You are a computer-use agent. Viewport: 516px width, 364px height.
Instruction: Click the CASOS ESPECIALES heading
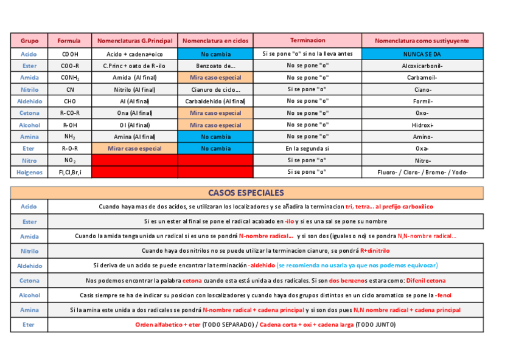click(x=246, y=193)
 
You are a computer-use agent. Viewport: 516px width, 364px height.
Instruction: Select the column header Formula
click(x=69, y=41)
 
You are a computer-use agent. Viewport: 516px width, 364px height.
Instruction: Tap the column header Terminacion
click(x=307, y=41)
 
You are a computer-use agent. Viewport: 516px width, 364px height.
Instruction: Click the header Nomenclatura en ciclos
click(x=215, y=41)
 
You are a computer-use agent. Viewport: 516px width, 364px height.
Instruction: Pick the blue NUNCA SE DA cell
click(x=422, y=53)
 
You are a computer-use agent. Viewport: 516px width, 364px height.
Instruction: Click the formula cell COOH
click(x=69, y=53)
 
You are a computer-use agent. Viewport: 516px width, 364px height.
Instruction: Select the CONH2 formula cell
click(x=69, y=78)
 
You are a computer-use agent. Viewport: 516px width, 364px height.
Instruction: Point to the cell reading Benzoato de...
click(x=215, y=66)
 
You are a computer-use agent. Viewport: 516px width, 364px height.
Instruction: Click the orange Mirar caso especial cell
click(x=134, y=148)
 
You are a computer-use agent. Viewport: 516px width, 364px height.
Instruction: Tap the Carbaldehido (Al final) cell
click(x=215, y=101)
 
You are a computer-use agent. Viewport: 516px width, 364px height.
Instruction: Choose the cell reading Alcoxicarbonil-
click(x=422, y=66)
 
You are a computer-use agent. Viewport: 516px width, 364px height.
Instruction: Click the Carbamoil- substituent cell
click(x=422, y=78)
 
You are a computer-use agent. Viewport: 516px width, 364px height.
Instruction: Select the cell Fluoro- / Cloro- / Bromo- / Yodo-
click(x=422, y=172)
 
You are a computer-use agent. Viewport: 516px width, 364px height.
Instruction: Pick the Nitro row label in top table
click(x=29, y=160)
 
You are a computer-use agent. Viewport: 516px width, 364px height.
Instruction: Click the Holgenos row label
click(x=29, y=172)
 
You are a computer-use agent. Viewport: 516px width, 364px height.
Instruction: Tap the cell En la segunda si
click(x=307, y=148)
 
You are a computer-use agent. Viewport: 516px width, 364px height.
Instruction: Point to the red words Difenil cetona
click(x=425, y=281)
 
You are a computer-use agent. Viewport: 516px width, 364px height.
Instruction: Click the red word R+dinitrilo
click(x=375, y=250)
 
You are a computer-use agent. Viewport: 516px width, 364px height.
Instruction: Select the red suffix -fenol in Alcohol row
click(x=444, y=295)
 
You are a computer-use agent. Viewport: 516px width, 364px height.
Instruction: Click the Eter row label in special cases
click(x=29, y=325)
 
